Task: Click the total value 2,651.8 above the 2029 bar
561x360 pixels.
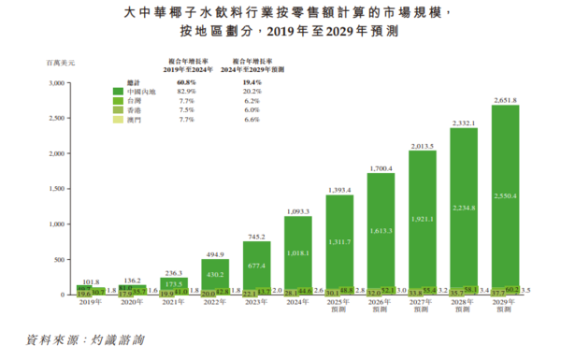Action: [x=505, y=99]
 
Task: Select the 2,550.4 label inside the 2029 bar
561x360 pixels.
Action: [x=505, y=197]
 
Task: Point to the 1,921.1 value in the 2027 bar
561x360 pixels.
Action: [x=422, y=218]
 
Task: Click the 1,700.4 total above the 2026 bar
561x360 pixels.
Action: [x=381, y=168]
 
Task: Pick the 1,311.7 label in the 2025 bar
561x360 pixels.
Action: [x=339, y=240]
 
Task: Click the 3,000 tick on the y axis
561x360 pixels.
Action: [x=54, y=83]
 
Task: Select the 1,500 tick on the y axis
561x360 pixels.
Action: [x=54, y=190]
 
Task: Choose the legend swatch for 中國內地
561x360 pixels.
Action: [x=120, y=92]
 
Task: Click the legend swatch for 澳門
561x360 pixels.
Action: [x=120, y=120]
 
